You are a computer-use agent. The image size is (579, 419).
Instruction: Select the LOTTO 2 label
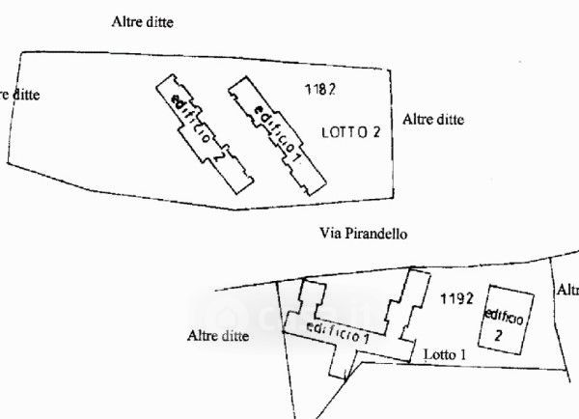[x=357, y=133]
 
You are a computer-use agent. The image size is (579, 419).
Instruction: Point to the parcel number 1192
[x=455, y=297]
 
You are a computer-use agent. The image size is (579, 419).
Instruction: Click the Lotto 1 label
[x=445, y=355]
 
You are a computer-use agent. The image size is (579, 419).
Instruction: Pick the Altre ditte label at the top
[x=142, y=20]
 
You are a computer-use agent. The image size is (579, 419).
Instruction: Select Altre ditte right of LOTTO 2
[x=433, y=120]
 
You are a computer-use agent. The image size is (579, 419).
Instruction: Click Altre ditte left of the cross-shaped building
[x=218, y=337]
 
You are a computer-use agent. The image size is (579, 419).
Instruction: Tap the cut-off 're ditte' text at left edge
[x=21, y=95]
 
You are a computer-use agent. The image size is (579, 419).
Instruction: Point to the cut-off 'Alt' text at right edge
[x=567, y=290]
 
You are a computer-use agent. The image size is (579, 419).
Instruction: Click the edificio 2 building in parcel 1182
[x=205, y=136]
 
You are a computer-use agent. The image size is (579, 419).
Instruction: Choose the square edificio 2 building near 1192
[x=508, y=321]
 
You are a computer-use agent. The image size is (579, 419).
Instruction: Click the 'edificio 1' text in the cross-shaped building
[x=338, y=334]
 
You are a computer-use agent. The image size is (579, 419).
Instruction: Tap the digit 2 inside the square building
[x=498, y=336]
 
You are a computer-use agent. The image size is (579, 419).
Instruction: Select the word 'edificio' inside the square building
[x=506, y=315]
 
